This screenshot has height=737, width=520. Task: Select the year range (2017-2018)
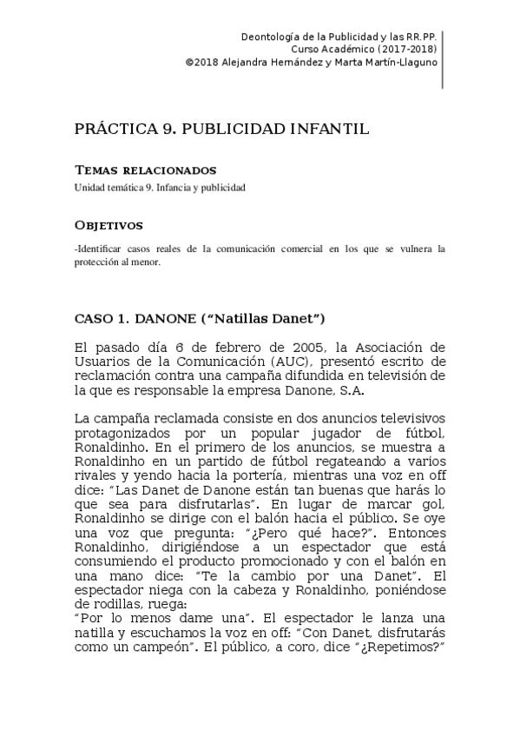[x=406, y=50]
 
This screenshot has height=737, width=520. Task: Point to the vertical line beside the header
[x=443, y=59]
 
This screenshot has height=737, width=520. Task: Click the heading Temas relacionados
[x=145, y=169]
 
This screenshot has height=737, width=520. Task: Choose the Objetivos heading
[x=109, y=226]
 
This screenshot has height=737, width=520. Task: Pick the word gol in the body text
[x=431, y=503]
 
